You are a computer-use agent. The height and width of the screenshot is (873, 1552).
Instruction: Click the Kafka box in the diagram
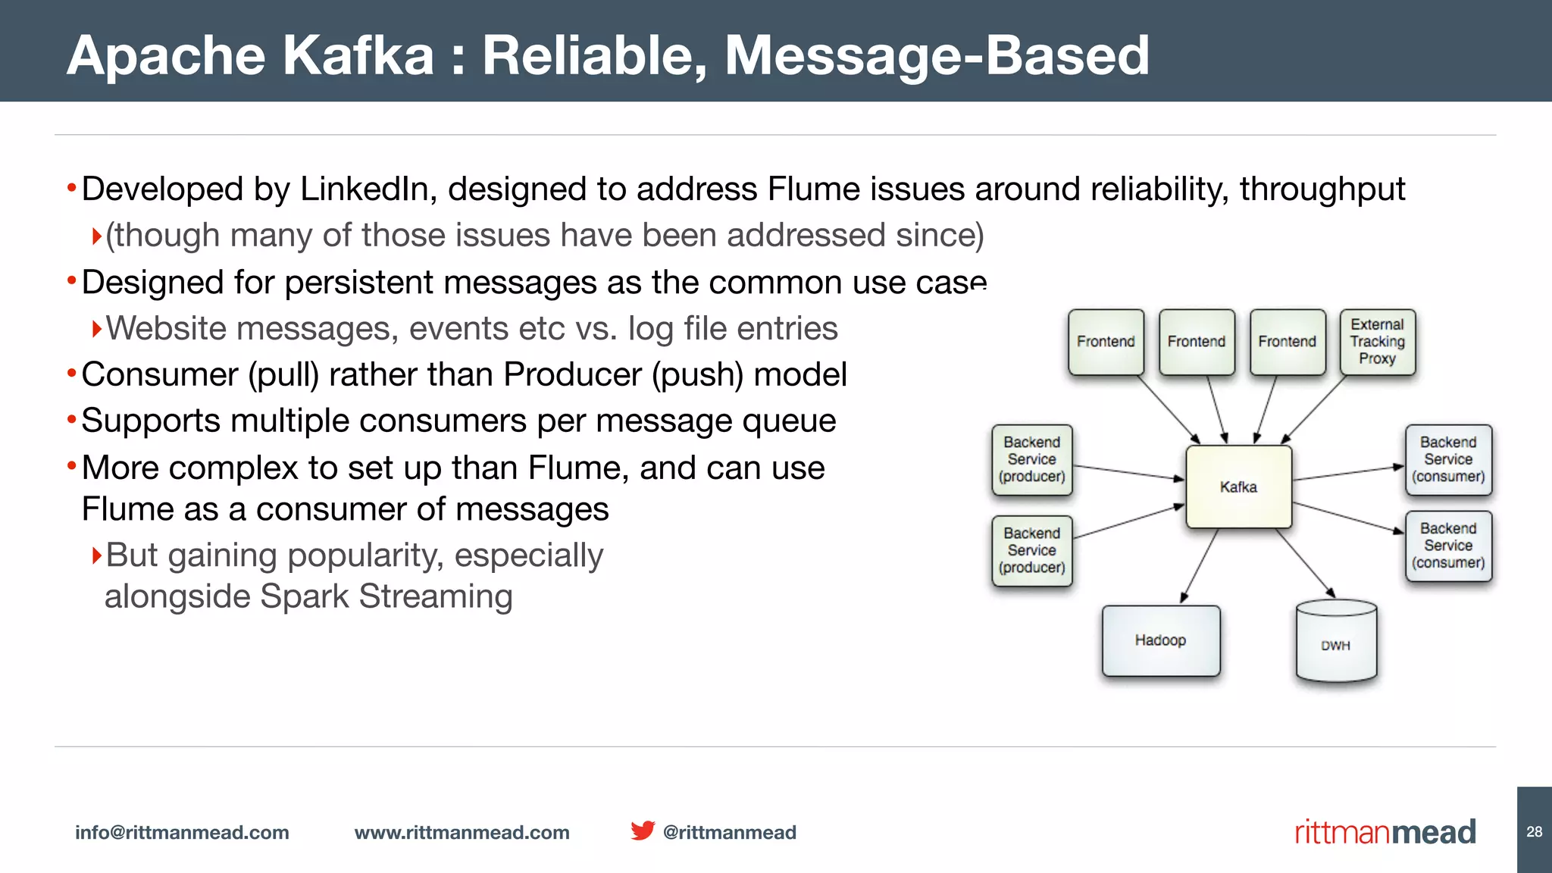(x=1238, y=487)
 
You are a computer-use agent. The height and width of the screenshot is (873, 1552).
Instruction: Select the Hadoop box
(x=1160, y=640)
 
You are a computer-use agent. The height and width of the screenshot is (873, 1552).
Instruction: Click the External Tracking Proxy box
(x=1377, y=342)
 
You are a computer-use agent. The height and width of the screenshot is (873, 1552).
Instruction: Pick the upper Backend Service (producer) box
(x=1031, y=459)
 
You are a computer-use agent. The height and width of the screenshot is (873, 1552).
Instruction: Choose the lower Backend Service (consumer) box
(x=1448, y=546)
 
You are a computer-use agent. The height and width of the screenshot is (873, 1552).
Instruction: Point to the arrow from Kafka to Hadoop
(x=1200, y=566)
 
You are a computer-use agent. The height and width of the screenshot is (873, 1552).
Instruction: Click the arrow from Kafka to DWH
(x=1305, y=563)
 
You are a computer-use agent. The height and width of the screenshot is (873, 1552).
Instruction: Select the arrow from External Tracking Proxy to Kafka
(x=1313, y=409)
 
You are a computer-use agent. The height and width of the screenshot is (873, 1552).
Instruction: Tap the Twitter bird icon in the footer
(x=643, y=831)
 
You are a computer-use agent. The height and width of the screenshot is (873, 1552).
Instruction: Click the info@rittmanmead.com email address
(x=182, y=832)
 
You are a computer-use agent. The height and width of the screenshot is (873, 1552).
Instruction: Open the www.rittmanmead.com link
(x=462, y=832)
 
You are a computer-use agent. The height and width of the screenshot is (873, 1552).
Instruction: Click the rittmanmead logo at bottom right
(x=1385, y=832)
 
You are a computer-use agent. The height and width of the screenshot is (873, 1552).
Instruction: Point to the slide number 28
(x=1534, y=831)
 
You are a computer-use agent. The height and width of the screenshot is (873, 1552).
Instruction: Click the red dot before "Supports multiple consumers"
(x=71, y=420)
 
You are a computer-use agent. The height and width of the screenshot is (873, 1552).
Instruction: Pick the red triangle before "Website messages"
(x=96, y=329)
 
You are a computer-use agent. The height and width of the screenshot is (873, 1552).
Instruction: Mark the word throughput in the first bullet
(x=1322, y=189)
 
